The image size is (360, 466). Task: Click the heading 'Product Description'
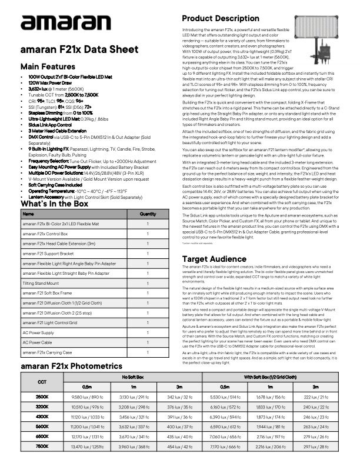tap(221, 19)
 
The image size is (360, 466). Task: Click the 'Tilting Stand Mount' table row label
tap(41, 283)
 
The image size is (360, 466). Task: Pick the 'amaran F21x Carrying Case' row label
tap(47, 352)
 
